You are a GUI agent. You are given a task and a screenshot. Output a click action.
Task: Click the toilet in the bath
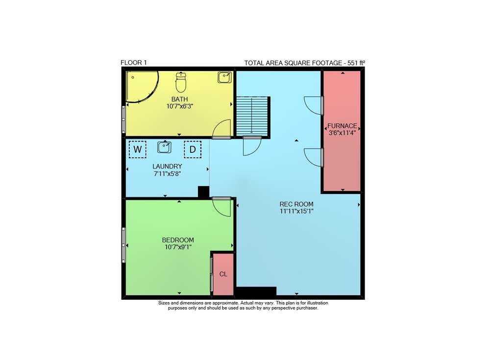pos(181,82)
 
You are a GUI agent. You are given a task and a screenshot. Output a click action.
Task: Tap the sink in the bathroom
pos(225,77)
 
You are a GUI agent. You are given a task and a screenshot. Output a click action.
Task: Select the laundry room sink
pos(164,147)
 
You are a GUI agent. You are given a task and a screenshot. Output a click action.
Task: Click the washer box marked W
pos(138,149)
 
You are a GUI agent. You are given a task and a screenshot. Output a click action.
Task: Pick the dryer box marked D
pos(193,149)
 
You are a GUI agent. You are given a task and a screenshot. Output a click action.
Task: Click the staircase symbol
pos(252,116)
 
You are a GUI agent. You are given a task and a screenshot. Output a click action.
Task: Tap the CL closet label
pos(223,274)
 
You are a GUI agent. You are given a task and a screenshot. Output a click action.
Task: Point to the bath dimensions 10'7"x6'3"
pos(180,106)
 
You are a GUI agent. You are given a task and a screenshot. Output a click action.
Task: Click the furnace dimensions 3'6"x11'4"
pos(342,133)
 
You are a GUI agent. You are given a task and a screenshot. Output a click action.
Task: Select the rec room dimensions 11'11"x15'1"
pos(296,211)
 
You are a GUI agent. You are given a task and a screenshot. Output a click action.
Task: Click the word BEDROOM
pos(178,240)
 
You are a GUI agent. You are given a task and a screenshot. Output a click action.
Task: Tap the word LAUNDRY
pos(167,167)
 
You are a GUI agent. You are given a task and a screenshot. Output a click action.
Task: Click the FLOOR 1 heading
pos(133,63)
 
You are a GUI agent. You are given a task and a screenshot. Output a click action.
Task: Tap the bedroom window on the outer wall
pos(124,245)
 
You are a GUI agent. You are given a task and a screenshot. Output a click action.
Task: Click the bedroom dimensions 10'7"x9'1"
pos(178,247)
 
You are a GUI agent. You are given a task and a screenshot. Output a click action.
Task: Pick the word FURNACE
pos(342,125)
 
